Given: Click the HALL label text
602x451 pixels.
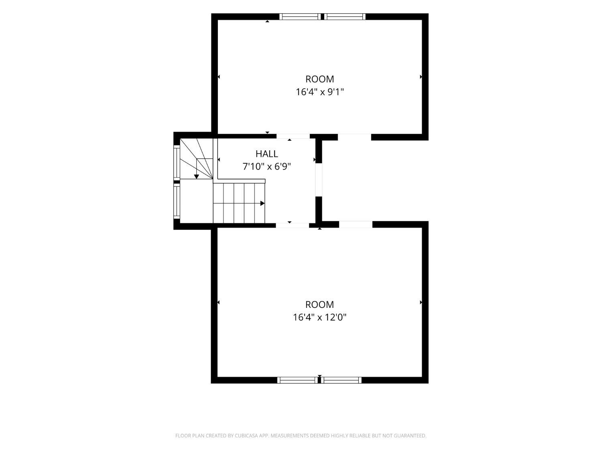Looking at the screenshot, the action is [x=266, y=154].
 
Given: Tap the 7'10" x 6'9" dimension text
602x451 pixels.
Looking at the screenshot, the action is [x=266, y=166].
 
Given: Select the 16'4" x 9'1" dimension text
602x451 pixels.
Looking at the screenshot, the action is [x=319, y=92].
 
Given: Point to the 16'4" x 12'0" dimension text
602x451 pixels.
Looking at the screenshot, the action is [x=319, y=317].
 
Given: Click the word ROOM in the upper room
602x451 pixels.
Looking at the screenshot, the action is [x=319, y=79].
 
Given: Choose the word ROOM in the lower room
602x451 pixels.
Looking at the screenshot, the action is [x=319, y=305].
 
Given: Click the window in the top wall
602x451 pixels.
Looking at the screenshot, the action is [x=322, y=16].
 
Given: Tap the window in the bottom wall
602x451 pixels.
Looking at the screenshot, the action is [x=319, y=380].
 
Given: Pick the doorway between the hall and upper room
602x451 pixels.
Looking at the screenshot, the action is [x=293, y=136].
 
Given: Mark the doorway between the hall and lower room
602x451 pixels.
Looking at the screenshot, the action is [x=292, y=225].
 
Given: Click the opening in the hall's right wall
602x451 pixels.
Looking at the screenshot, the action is [x=318, y=180].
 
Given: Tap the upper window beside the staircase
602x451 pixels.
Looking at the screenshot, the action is [x=177, y=162].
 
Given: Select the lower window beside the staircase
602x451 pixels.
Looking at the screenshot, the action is [x=177, y=201].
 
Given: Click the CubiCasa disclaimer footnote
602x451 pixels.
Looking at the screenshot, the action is [x=301, y=435].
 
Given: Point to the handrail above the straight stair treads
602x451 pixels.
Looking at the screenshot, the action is [x=239, y=181].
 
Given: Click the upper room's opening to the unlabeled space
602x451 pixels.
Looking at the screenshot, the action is [x=354, y=137].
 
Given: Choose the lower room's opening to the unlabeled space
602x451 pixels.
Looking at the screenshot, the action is [x=356, y=224].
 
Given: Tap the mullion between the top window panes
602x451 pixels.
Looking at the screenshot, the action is [x=323, y=16].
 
